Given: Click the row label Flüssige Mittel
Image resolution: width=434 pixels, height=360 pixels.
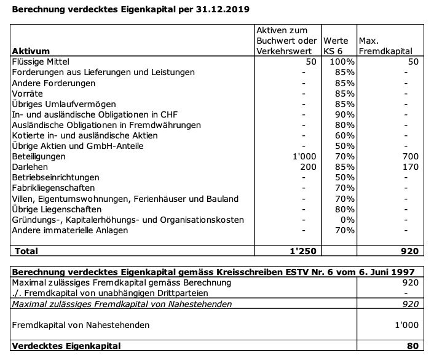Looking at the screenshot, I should [x=41, y=62].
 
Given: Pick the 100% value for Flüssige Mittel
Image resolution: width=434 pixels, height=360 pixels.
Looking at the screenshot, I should [x=342, y=62].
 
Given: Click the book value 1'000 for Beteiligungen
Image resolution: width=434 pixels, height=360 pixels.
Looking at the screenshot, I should [x=304, y=156].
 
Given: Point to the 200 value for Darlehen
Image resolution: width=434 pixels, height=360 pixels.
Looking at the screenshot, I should [x=308, y=167].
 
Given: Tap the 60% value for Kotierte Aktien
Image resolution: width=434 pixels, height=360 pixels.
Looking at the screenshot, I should [x=345, y=135].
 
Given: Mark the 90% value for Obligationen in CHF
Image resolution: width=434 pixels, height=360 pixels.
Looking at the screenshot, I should [x=345, y=114].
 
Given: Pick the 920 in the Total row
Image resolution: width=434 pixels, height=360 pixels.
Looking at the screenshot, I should [x=409, y=251].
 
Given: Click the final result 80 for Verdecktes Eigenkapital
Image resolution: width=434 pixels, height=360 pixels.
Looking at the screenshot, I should [x=412, y=346].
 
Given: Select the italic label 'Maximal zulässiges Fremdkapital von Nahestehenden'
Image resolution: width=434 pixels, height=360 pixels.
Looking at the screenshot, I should [x=122, y=303].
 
